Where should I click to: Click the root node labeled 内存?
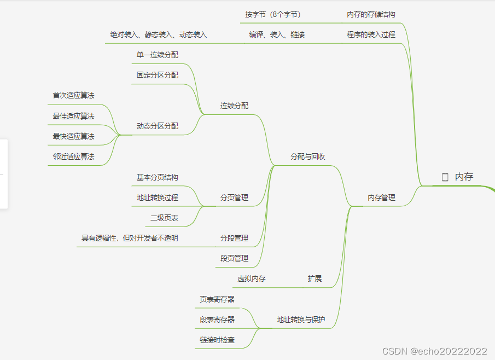[464, 177]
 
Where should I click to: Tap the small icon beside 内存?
[445, 177]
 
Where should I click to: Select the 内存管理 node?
[381, 198]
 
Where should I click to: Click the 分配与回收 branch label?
[308, 156]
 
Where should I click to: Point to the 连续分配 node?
[234, 106]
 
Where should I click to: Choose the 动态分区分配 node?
[158, 126]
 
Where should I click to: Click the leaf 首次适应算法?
[73, 95]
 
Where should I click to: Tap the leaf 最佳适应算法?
[73, 116]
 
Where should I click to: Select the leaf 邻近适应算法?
[73, 156]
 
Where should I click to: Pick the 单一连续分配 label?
[158, 55]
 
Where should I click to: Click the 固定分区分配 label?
[158, 75]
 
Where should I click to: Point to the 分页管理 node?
[234, 198]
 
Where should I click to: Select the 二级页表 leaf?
[164, 218]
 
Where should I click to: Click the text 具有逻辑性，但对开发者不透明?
[130, 238]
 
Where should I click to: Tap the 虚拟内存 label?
[252, 278]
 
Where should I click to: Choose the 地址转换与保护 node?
[301, 320]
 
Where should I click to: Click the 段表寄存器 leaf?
[217, 320]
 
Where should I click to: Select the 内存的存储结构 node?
[371, 14]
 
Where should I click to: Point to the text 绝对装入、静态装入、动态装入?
[159, 34]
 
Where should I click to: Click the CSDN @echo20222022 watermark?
[434, 351]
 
